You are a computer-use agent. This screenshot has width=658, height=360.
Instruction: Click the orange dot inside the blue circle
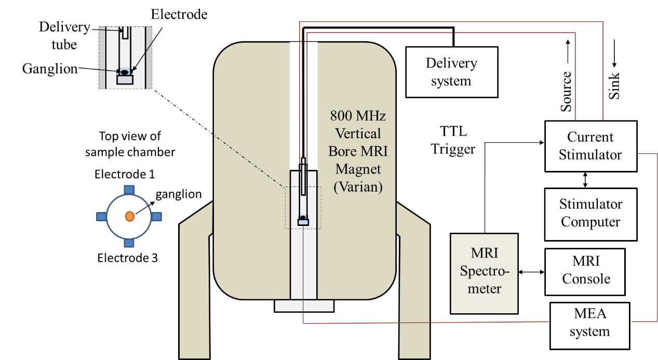click(129, 216)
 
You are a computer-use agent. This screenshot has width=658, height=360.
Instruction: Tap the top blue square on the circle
click(129, 190)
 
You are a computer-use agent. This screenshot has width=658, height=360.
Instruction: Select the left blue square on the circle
click(102, 216)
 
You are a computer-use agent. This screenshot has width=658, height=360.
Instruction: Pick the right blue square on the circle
click(157, 216)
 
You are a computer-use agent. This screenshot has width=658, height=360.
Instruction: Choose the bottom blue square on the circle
click(129, 243)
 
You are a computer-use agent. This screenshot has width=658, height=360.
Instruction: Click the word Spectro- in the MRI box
click(484, 271)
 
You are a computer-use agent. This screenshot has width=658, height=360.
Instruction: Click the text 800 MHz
click(358, 115)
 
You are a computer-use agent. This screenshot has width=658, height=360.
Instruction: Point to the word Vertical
click(358, 133)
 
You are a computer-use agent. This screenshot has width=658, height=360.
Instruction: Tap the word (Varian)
click(358, 187)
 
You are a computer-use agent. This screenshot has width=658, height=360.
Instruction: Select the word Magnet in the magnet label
click(358, 169)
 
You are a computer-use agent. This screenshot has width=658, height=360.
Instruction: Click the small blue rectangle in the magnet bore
click(303, 222)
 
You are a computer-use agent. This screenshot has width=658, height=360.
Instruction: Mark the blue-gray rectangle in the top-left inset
click(125, 80)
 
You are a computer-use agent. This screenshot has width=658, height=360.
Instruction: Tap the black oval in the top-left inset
click(125, 72)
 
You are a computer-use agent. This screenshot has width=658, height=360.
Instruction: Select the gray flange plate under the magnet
click(304, 306)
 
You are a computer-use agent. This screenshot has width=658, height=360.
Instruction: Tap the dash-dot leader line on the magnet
click(249, 161)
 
